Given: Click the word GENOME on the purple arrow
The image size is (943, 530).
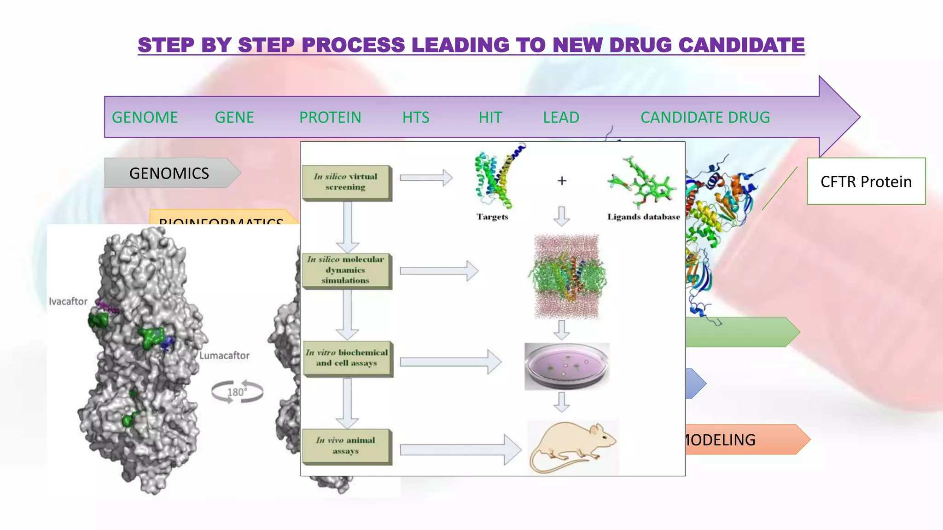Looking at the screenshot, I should [145, 117].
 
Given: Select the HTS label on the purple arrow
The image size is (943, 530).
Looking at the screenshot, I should [415, 117].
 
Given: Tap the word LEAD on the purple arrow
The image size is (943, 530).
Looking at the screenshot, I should [561, 117].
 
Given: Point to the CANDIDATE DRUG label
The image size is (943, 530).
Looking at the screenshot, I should [705, 117].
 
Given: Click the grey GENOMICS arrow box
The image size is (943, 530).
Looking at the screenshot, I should [169, 173].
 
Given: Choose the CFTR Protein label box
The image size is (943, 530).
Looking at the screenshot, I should [866, 181].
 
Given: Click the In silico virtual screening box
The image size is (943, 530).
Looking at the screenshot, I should [346, 182].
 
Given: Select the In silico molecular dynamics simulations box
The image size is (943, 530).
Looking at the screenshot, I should [346, 270].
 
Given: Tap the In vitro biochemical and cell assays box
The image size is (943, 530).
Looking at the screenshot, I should [347, 358].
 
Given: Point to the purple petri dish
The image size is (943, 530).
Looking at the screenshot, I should [567, 366].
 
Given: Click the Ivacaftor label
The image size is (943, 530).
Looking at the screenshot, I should [68, 301].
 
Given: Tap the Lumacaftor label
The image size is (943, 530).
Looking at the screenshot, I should [224, 355].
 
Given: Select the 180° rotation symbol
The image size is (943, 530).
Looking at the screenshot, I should [237, 392].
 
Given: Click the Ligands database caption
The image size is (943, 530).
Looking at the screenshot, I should [643, 217].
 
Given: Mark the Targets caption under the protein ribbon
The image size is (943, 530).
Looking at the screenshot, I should [492, 217].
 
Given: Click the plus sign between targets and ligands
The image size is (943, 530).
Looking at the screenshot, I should [562, 181].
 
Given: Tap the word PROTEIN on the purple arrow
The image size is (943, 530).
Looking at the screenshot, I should [330, 117].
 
